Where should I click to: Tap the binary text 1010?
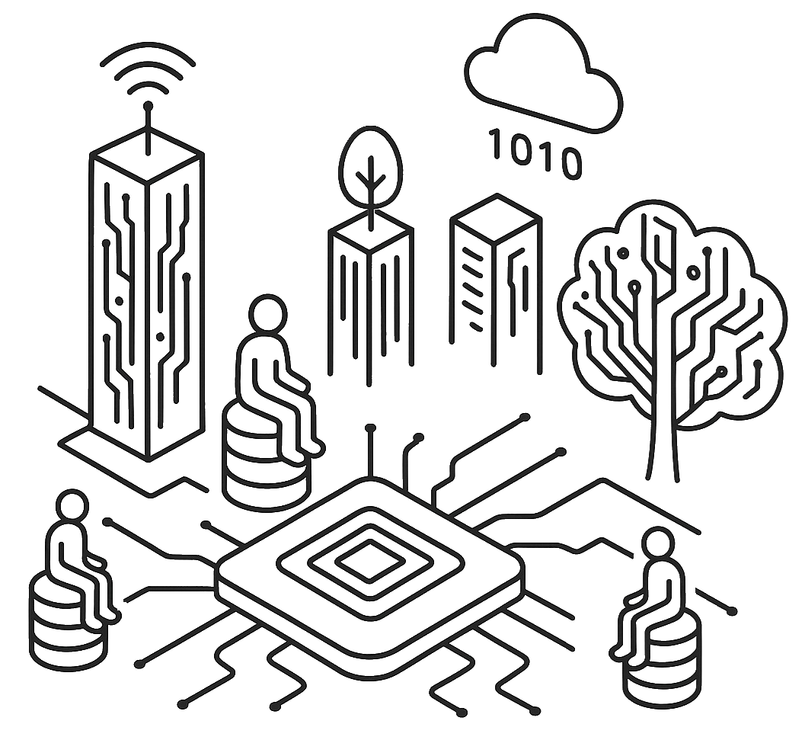[536, 152]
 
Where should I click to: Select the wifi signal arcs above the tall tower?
[148, 76]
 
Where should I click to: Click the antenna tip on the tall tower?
[149, 106]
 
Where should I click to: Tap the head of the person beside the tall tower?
[267, 313]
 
